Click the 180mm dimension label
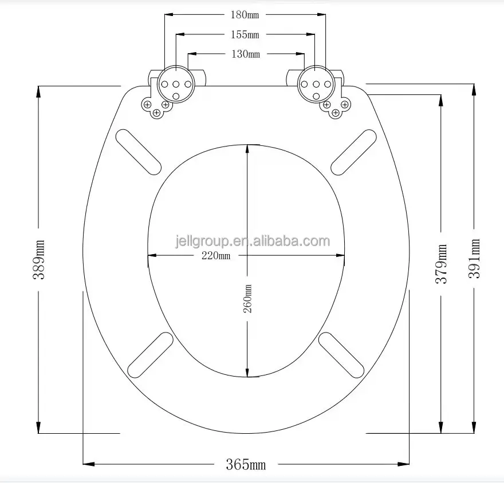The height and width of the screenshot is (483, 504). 245,15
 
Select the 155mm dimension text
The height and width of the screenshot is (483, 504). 245,34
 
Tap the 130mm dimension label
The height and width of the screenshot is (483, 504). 246,54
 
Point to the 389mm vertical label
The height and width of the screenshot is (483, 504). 39,259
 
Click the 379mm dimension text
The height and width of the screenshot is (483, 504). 441,264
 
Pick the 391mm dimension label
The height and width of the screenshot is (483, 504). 474,259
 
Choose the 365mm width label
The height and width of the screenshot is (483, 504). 246,464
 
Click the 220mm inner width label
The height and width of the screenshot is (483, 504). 216,256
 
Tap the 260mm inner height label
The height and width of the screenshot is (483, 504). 247,299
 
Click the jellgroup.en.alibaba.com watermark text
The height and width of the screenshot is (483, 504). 253,241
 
